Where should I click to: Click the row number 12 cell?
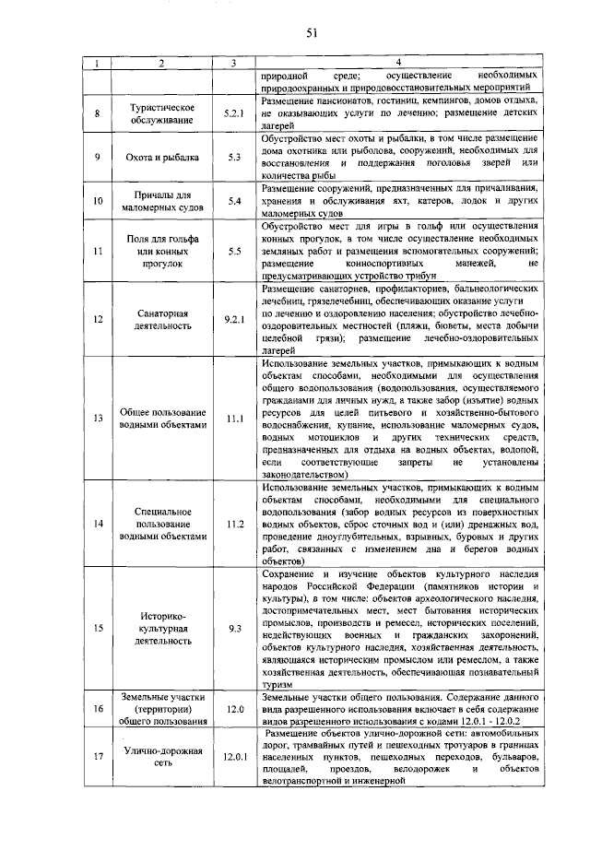(98, 319)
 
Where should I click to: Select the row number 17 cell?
(98, 757)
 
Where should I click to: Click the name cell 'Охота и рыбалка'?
(161, 157)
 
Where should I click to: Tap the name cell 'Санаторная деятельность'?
(161, 319)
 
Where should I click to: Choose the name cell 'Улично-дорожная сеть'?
(161, 757)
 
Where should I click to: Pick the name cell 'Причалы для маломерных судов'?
(161, 200)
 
